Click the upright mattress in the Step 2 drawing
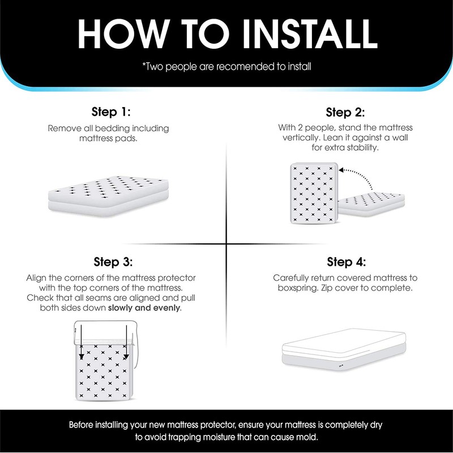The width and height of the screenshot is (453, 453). (313, 193)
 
